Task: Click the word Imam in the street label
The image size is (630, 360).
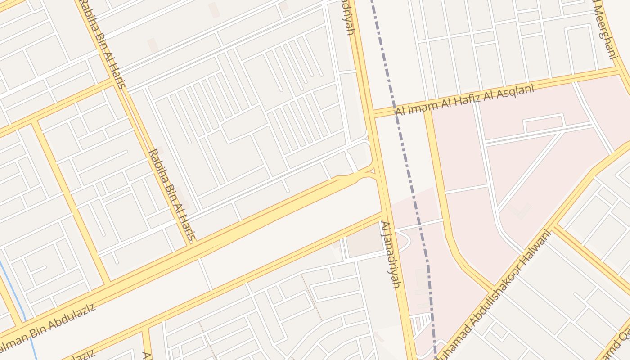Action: pyautogui.click(x=419, y=107)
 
